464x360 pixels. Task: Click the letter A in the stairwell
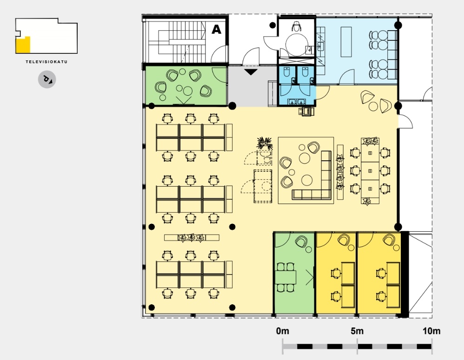216,30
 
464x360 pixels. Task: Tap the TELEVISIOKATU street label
46,62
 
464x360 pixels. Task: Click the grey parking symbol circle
47,79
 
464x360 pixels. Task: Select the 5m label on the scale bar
357,331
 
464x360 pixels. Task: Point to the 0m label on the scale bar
283,331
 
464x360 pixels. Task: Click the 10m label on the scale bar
431,331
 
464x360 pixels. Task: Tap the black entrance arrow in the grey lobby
251,72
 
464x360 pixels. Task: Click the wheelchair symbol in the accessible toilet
296,26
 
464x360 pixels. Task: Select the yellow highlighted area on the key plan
23,45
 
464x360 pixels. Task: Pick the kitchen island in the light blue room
346,42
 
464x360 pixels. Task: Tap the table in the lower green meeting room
285,277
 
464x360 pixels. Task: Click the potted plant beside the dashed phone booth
264,144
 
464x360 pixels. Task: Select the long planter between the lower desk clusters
192,237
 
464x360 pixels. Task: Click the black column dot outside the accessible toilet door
272,25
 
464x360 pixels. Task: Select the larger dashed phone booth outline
263,186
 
